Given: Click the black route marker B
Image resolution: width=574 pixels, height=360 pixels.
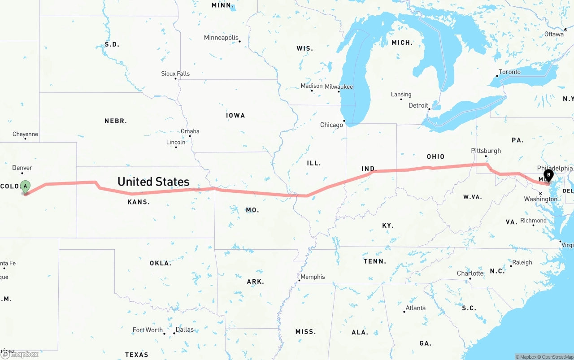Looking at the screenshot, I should click(548, 175).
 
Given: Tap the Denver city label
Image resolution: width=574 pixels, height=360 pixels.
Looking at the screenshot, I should click(22, 168).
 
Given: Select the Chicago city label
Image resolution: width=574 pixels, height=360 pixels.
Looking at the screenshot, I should click(331, 125).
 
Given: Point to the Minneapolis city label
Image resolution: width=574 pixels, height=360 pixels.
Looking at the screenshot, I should click(221, 38).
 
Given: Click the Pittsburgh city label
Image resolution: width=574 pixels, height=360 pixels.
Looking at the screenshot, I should click(486, 151).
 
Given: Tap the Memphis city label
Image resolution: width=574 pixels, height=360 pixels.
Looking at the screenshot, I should click(313, 277).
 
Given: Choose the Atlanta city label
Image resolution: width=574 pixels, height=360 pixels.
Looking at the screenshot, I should click(415, 308).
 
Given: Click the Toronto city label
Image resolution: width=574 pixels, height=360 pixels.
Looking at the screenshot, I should click(509, 72).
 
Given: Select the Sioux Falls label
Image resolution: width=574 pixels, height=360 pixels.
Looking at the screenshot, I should click(175, 74).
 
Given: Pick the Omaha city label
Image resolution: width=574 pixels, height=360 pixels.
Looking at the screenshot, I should click(190, 131).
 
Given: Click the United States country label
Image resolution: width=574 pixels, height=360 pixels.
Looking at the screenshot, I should click(153, 182).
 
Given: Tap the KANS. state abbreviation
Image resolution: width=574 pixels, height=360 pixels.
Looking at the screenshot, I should click(139, 202).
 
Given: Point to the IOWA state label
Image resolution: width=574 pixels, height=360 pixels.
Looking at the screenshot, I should click(235, 115).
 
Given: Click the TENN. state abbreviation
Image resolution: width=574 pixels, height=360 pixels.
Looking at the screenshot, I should click(374, 261).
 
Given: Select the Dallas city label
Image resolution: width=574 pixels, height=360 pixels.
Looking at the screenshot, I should click(184, 330).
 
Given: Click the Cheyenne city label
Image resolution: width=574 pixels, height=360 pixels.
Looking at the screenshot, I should click(25, 134).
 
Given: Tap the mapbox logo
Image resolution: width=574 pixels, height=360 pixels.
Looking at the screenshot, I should click(20, 354).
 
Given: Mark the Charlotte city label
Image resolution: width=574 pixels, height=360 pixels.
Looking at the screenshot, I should click(470, 273).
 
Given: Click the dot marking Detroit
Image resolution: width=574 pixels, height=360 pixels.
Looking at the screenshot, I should click(429, 109).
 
